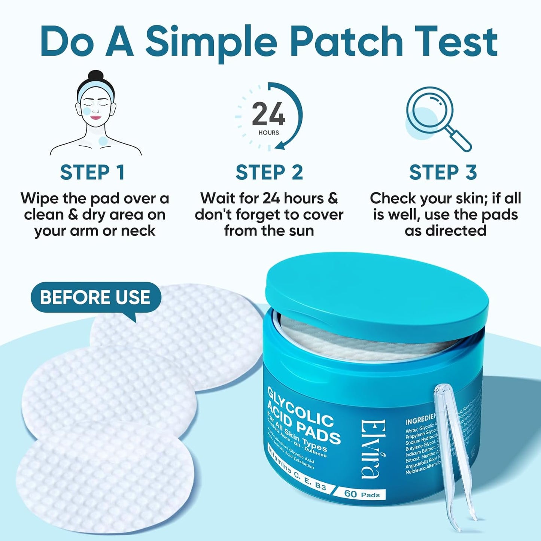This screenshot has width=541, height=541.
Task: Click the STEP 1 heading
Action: pyautogui.click(x=92, y=173)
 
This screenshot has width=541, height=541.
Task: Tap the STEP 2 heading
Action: pyautogui.click(x=269, y=173)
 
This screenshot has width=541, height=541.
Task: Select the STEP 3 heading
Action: pyautogui.click(x=443, y=173)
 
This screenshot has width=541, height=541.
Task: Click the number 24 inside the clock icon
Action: pyautogui.click(x=268, y=114)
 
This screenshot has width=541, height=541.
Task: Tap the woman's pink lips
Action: pyautogui.click(x=96, y=118)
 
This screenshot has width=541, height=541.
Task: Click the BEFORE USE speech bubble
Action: pyautogui.click(x=95, y=297)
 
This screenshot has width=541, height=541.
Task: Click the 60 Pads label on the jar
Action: pyautogui.click(x=362, y=494)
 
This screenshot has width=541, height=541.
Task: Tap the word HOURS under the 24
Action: pyautogui.click(x=268, y=133)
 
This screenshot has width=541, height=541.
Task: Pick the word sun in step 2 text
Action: pyautogui.click(x=301, y=231)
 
